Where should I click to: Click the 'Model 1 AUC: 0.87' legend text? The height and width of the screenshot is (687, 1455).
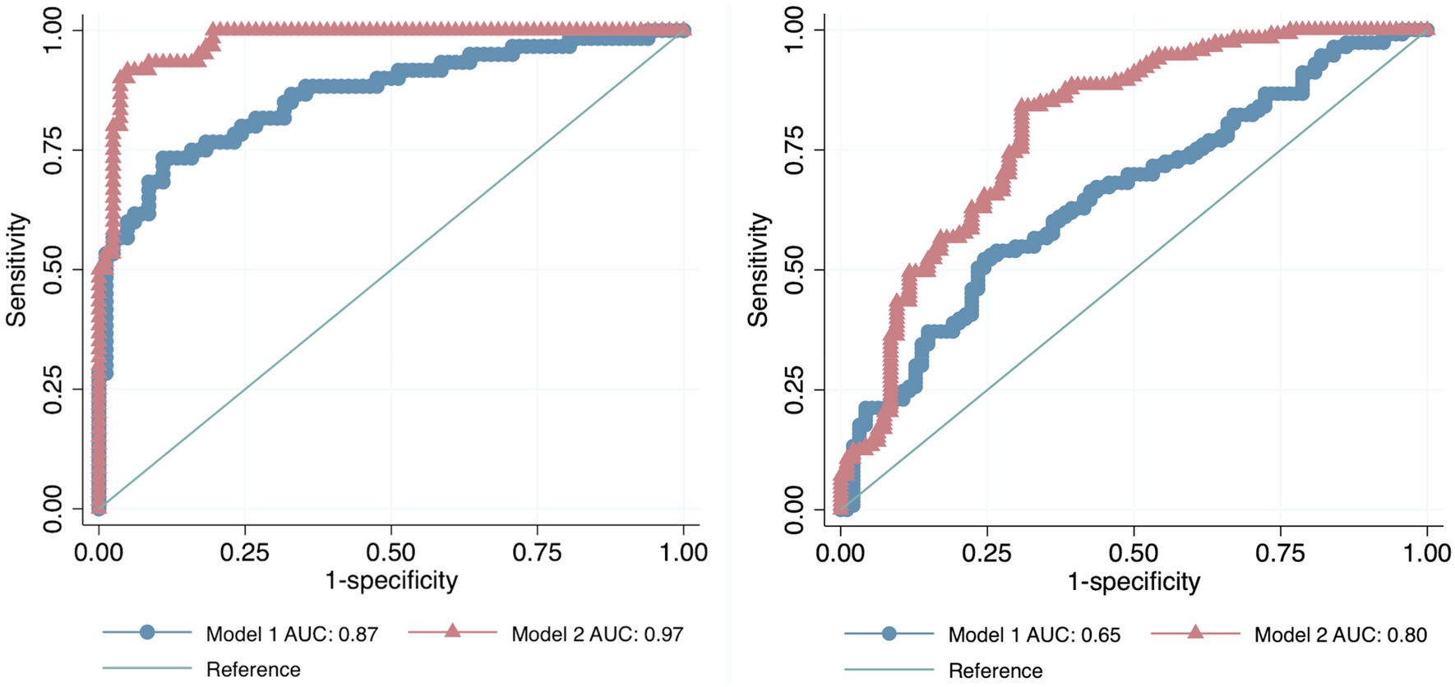tap(292, 634)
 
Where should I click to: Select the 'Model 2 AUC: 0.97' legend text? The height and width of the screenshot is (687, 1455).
tap(597, 634)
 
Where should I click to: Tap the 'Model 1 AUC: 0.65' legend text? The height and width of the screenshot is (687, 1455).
tap(1034, 634)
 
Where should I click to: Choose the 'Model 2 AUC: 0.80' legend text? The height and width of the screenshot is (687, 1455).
tap(1340, 634)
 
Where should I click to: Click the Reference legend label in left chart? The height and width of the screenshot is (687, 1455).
tap(253, 670)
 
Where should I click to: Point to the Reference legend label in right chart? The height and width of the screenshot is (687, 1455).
tap(995, 671)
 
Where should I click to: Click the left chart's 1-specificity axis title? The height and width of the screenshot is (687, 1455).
tap(391, 581)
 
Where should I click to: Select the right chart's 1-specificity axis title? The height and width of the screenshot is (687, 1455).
tap(1134, 582)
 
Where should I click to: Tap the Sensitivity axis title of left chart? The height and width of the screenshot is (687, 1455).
tap(17, 270)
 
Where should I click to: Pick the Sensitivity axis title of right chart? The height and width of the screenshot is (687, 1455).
tap(758, 270)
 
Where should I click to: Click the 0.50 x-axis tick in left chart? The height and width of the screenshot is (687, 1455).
tap(391, 552)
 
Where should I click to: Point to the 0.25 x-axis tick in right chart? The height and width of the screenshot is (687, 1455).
tap(986, 553)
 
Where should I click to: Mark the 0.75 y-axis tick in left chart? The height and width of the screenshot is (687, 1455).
tap(53, 150)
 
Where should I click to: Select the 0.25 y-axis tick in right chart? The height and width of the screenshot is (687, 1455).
tap(793, 390)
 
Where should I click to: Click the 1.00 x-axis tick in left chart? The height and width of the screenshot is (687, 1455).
tap(683, 552)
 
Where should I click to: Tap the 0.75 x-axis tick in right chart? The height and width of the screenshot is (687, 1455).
tap(1280, 553)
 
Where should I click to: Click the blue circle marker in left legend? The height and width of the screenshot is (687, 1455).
tap(147, 632)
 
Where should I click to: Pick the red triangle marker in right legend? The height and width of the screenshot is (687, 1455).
tap(1195, 632)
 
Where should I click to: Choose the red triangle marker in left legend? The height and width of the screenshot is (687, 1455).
tap(452, 631)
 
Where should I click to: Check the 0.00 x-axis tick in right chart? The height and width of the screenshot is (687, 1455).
tap(840, 553)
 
